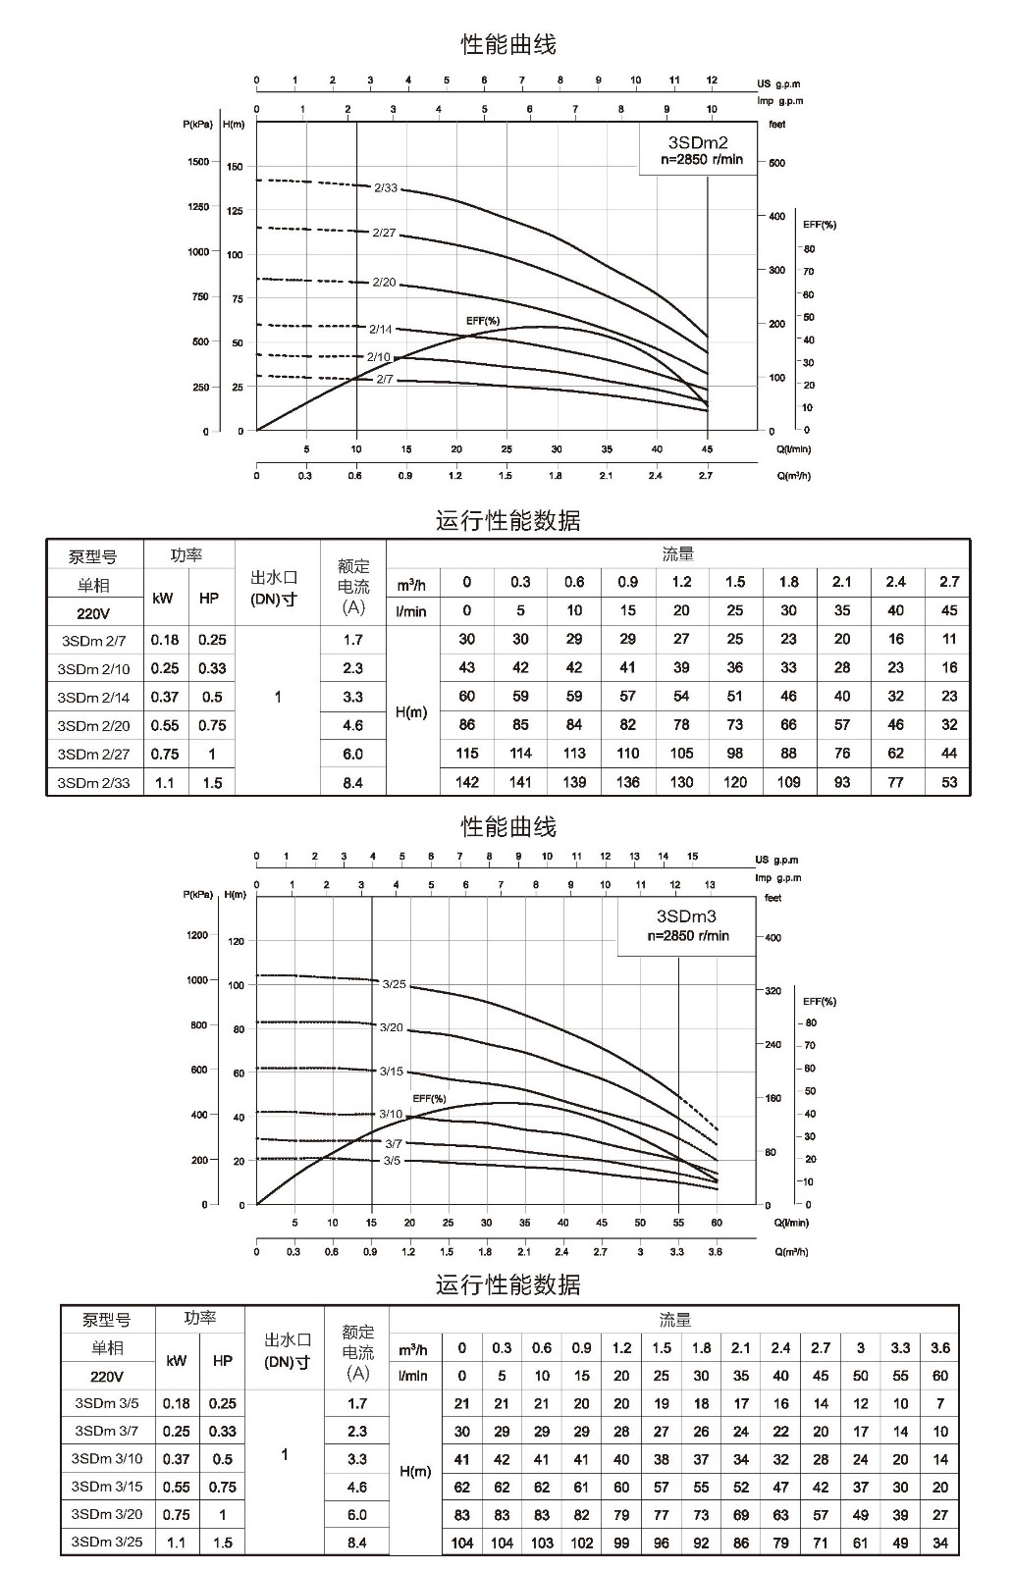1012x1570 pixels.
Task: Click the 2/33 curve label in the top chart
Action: point(386,187)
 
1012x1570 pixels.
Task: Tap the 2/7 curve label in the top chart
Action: point(385,379)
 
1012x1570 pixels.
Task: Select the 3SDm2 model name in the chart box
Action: point(698,143)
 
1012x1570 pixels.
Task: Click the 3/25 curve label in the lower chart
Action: point(395,984)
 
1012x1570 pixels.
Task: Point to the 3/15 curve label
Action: point(392,1071)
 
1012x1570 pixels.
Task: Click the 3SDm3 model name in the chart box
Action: point(686,916)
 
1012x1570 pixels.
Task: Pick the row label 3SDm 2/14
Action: point(94,698)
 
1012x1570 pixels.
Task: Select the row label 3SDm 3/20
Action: point(107,1514)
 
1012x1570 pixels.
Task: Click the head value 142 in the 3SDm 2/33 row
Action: point(467,782)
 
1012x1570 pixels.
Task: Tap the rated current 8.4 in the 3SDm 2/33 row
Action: point(352,783)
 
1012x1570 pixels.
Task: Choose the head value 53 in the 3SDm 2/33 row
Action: point(949,782)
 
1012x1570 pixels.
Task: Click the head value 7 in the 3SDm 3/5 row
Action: point(940,1403)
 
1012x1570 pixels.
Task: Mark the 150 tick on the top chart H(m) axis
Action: point(235,167)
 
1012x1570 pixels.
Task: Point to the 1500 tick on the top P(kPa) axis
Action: point(198,162)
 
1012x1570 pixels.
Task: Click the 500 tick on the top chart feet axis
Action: point(777,163)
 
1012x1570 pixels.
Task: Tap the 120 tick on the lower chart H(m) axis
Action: point(237,941)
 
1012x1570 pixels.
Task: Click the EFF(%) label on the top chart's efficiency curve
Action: point(483,321)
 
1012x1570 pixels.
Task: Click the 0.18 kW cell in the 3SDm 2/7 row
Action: point(165,640)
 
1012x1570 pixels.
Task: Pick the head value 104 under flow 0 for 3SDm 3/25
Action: point(462,1543)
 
